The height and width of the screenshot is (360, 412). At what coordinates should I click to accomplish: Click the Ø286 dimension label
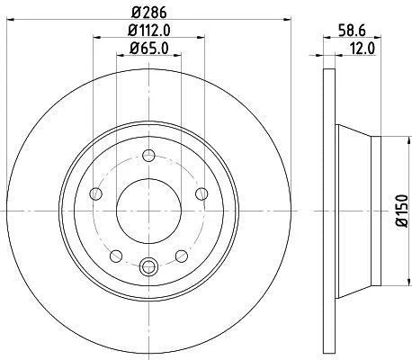click(148, 13)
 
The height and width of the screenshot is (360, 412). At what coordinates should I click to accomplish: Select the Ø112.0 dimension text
click(149, 31)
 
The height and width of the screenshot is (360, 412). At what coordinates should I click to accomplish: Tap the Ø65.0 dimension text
click(148, 49)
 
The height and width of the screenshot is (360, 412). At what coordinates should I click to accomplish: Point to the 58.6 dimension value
click(352, 31)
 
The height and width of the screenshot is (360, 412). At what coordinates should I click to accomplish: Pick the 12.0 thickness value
click(363, 49)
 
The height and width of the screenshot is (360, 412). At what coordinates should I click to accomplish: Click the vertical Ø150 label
click(402, 211)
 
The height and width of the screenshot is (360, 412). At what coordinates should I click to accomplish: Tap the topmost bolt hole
click(148, 156)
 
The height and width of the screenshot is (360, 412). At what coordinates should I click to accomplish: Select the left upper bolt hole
click(95, 193)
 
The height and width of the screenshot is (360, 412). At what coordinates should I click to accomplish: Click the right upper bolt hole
click(202, 193)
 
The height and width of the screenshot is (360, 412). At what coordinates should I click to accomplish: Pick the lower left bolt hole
click(116, 256)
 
